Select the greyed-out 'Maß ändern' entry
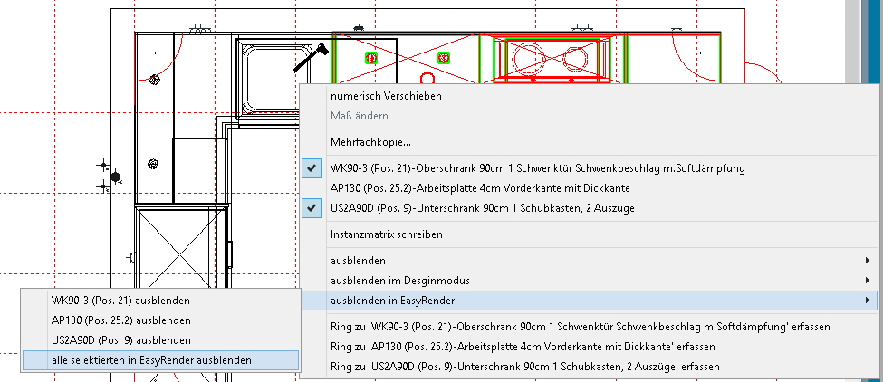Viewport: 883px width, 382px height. pyautogui.click(x=360, y=116)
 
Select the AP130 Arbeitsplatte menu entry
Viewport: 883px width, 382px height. pyautogui.click(x=480, y=188)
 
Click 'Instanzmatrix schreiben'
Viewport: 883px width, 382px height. pyautogui.click(x=387, y=234)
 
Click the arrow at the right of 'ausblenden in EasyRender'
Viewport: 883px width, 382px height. pyautogui.click(x=868, y=300)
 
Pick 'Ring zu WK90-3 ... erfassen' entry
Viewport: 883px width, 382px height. pyautogui.click(x=580, y=325)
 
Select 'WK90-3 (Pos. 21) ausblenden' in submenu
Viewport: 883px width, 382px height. pyautogui.click(x=121, y=300)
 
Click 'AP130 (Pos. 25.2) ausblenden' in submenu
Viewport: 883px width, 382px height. pyautogui.click(x=121, y=320)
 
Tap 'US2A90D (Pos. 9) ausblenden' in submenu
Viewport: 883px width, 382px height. pyautogui.click(x=121, y=339)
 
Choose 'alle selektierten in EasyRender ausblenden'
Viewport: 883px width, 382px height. pyautogui.click(x=152, y=359)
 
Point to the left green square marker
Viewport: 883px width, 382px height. pyautogui.click(x=370, y=58)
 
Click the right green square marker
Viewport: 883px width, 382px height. pyautogui.click(x=444, y=58)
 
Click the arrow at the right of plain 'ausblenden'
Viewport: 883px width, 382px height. pyautogui.click(x=868, y=261)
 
